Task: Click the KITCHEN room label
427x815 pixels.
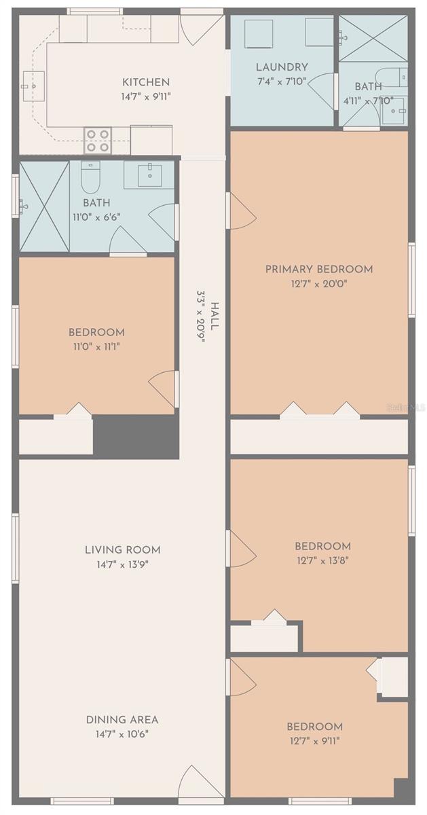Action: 145,82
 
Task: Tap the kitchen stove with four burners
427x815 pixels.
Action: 98,140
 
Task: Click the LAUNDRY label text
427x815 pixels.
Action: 282,67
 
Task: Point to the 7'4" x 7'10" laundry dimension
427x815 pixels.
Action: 282,81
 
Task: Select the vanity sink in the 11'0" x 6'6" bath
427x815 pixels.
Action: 149,175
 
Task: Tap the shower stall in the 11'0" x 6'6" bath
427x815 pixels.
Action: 44,205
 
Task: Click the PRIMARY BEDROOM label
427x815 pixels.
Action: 318,269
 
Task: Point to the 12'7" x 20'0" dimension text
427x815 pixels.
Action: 318,284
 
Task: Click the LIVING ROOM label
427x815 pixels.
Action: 123,549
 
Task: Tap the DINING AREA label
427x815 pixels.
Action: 122,719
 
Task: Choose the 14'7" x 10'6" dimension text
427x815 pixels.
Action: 122,733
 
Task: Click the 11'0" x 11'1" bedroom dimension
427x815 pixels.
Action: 96,346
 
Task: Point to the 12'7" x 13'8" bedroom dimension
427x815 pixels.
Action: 322,560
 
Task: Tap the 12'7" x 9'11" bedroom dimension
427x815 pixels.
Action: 314,740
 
